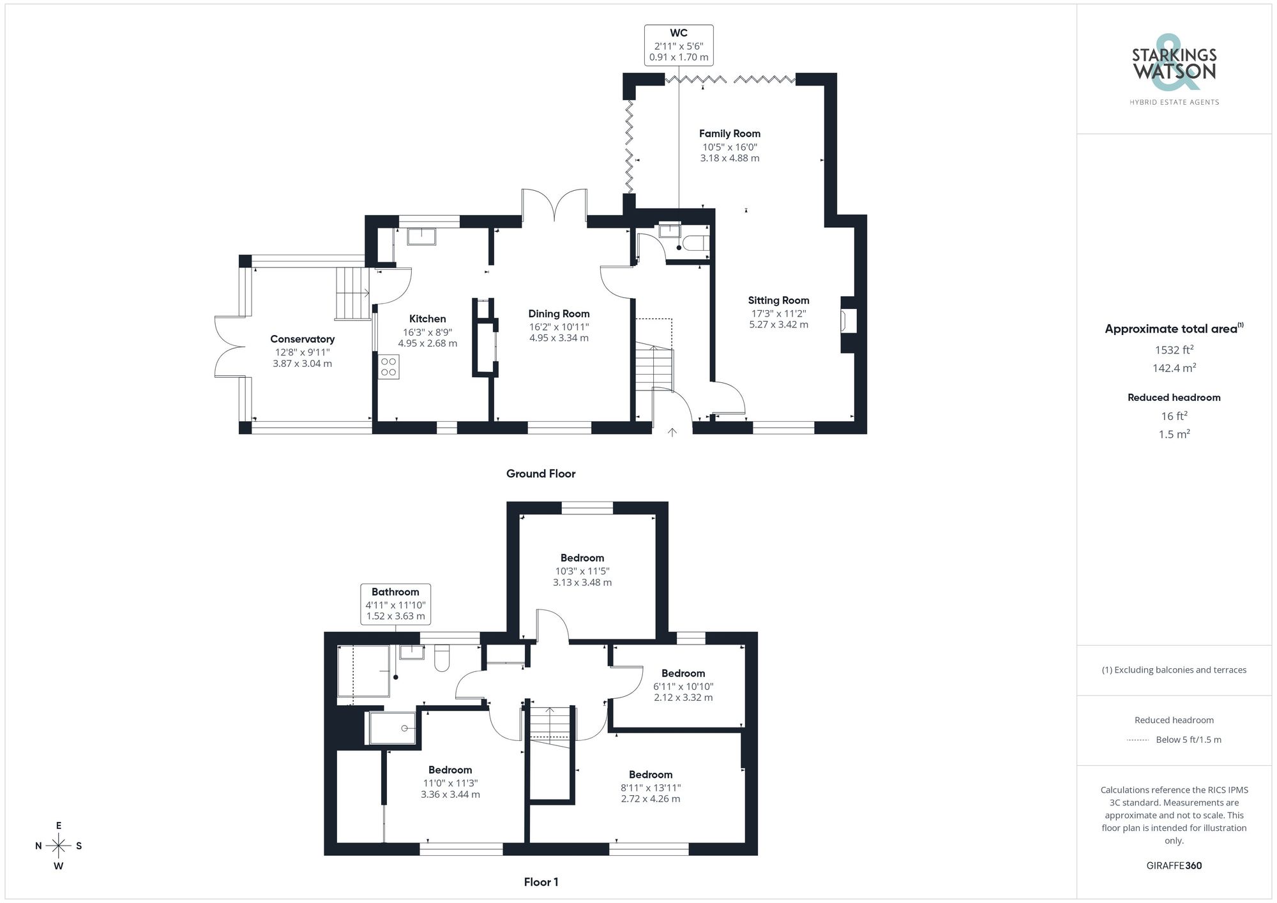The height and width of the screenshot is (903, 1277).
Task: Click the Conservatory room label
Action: click(x=302, y=339)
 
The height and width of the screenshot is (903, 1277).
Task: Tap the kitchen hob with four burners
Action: click(x=388, y=367)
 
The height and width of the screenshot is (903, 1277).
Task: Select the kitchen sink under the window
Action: click(x=421, y=235)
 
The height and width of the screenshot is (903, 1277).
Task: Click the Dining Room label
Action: click(x=559, y=313)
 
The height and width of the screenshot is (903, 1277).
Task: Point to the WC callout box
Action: click(x=678, y=45)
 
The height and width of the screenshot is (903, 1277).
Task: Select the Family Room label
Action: click(x=729, y=133)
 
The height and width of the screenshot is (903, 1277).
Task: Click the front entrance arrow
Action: click(x=672, y=432)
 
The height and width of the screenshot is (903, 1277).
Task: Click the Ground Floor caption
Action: click(x=540, y=474)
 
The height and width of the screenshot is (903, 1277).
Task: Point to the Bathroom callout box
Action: click(x=395, y=604)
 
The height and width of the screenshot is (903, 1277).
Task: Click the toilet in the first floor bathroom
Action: click(x=442, y=659)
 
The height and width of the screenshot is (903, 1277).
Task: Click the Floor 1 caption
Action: click(x=540, y=882)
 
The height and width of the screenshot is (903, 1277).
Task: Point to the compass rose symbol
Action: click(x=59, y=846)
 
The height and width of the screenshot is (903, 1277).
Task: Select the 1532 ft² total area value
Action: click(x=1174, y=350)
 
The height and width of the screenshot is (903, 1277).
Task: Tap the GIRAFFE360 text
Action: click(x=1174, y=865)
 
